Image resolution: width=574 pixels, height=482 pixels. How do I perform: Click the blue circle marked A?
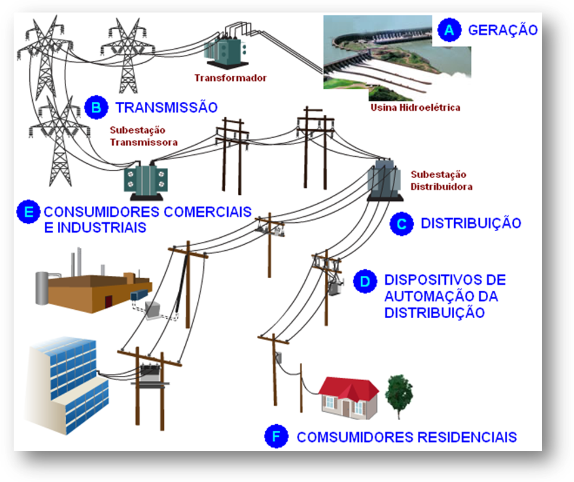pos(449,30)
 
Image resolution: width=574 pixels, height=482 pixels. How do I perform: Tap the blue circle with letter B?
pos(95,107)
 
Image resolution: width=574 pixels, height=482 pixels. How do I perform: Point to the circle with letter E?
pos(27,212)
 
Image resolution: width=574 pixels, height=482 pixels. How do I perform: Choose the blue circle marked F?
pos(275,437)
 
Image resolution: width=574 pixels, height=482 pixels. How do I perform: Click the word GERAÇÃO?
pos(502,30)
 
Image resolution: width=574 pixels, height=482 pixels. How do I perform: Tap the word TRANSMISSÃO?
pos(166,108)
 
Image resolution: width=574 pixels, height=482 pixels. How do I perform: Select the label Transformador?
pos(231,78)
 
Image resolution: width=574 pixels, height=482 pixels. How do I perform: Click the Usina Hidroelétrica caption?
pos(415,108)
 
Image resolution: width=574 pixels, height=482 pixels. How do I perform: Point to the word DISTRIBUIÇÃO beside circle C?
pos(471,223)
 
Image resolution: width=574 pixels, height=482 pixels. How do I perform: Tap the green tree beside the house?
pos(399,394)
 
